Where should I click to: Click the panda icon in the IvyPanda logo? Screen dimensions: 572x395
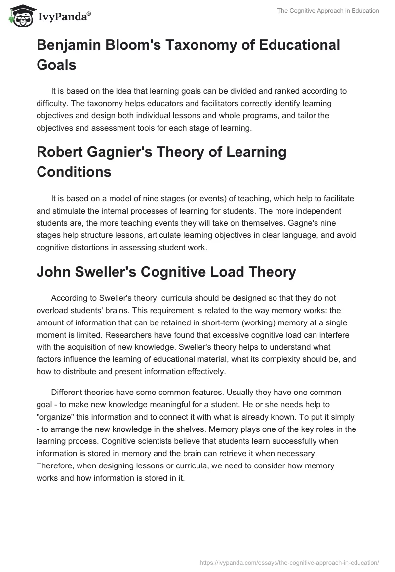[x=18, y=17]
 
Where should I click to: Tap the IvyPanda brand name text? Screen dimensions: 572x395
[x=63, y=17]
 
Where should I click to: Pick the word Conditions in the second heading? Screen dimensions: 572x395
[x=74, y=172]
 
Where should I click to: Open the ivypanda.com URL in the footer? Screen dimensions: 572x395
[x=289, y=562]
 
